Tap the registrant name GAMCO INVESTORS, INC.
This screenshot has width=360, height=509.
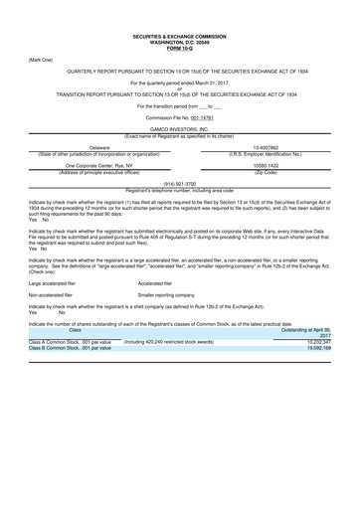click(x=180, y=129)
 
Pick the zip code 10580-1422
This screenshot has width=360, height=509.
click(x=271, y=167)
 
